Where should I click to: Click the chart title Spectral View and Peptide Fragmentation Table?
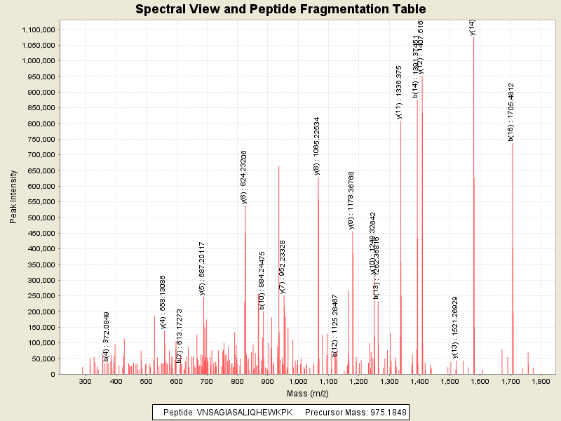point(280,10)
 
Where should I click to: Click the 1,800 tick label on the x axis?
point(540,381)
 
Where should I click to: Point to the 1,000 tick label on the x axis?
point(297,381)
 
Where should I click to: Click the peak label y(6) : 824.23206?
point(243,177)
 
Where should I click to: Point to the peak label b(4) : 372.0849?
point(107,337)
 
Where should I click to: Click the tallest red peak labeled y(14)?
point(474,203)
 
